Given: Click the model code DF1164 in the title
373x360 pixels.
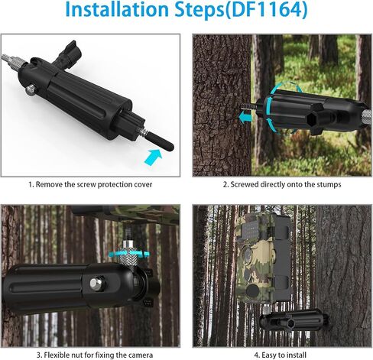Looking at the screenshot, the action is point(267,10).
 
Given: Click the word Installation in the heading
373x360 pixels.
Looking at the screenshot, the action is point(117,9).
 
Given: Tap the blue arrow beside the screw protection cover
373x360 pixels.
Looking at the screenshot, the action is point(154,157).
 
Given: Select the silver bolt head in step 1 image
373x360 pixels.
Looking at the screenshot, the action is point(31,89).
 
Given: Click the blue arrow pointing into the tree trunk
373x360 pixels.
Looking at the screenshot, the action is point(245,117).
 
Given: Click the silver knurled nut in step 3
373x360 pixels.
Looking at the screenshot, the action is point(129,253).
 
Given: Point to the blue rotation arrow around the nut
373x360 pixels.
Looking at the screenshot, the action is point(128,254).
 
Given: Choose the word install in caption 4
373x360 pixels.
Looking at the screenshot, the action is point(296,355).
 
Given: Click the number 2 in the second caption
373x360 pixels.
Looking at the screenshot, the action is point(225,185).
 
